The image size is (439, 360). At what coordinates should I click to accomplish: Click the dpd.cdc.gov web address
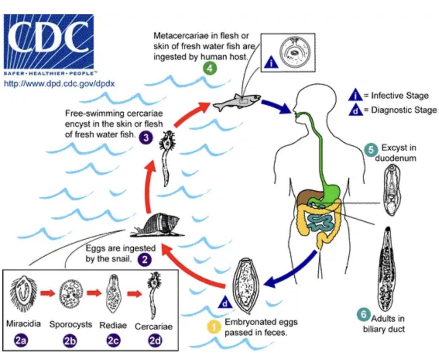59,84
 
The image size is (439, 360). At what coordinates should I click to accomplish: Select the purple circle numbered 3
146,138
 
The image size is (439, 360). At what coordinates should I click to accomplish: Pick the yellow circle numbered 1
213,327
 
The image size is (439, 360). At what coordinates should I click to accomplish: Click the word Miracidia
24,325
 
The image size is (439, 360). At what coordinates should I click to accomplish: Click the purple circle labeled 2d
155,342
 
